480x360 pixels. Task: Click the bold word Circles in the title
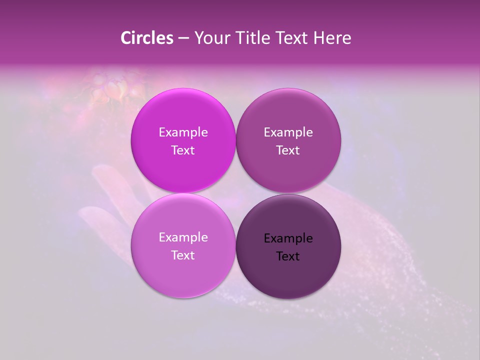click(x=147, y=38)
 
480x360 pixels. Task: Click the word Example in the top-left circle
click(x=183, y=132)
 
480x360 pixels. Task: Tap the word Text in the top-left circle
click(x=183, y=150)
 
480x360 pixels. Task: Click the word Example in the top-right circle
click(x=288, y=132)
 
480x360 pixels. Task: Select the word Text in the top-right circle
click(x=288, y=150)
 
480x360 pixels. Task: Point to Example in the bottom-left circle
click(x=183, y=237)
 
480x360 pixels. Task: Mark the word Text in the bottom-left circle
click(x=183, y=255)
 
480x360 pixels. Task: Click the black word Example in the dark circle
click(x=288, y=238)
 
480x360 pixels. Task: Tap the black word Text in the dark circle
click(x=288, y=256)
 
